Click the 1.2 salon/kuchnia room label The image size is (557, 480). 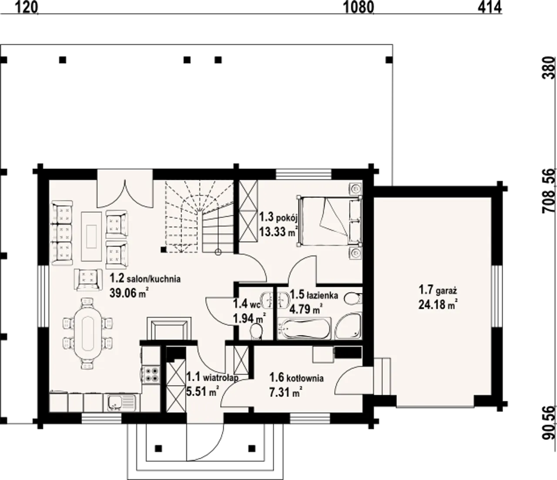point(145,279)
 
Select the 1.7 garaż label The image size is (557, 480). point(438,290)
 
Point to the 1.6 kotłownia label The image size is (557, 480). point(296,378)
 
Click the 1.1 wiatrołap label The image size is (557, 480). point(212,378)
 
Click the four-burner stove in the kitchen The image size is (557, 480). point(151,375)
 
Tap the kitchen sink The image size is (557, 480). point(122,403)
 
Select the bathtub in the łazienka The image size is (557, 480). point(304,328)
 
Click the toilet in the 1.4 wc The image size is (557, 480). point(255,331)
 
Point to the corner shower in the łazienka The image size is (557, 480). point(348,326)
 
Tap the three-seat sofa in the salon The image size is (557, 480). point(62,233)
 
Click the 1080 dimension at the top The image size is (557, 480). point(359,8)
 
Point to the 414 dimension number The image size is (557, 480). point(490,8)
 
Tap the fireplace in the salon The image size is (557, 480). point(169,328)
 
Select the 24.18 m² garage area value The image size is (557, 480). point(438,304)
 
